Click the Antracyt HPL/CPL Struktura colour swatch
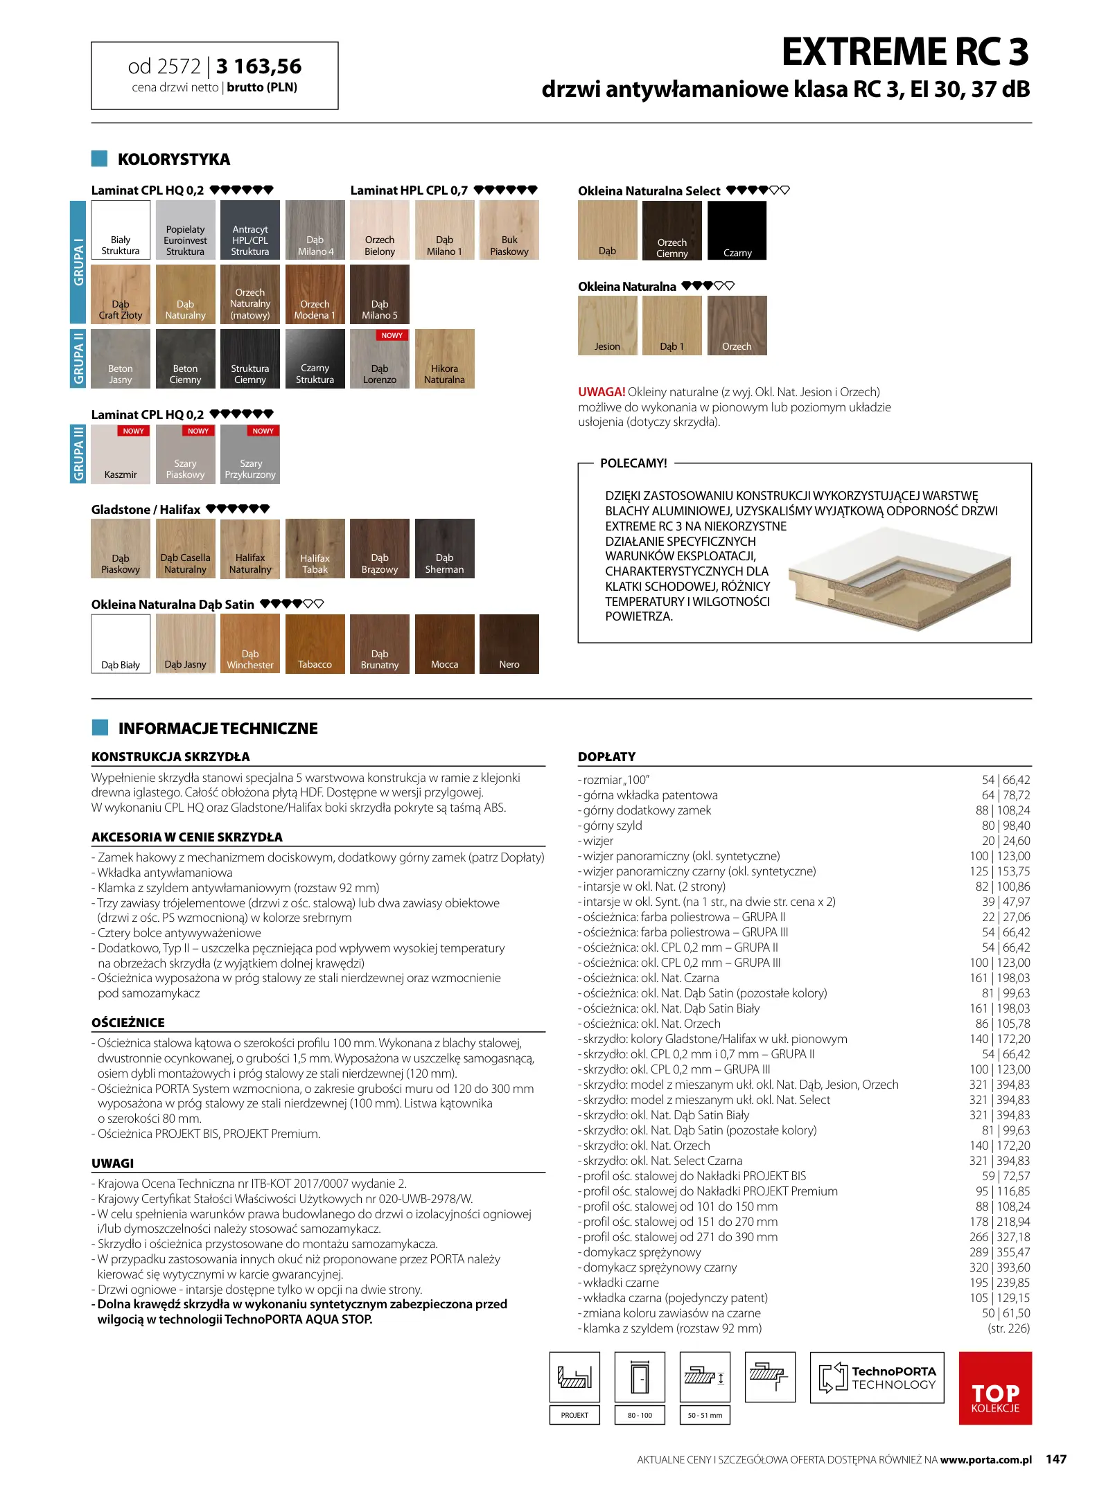(249, 230)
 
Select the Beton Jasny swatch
(120, 359)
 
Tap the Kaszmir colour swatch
(120, 454)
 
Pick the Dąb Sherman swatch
(444, 548)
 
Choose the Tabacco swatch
(315, 643)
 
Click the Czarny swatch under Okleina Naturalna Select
(737, 231)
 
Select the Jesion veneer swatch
(607, 326)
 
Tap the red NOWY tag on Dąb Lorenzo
(392, 335)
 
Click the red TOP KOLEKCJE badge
(994, 1387)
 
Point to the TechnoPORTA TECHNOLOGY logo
(877, 1378)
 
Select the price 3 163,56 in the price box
(258, 66)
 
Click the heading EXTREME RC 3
(905, 52)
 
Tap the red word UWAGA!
(602, 392)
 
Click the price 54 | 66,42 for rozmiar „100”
(1006, 780)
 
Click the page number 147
(1055, 1459)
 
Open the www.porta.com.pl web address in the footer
(985, 1460)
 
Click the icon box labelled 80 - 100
(640, 1378)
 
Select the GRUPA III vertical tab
(78, 454)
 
